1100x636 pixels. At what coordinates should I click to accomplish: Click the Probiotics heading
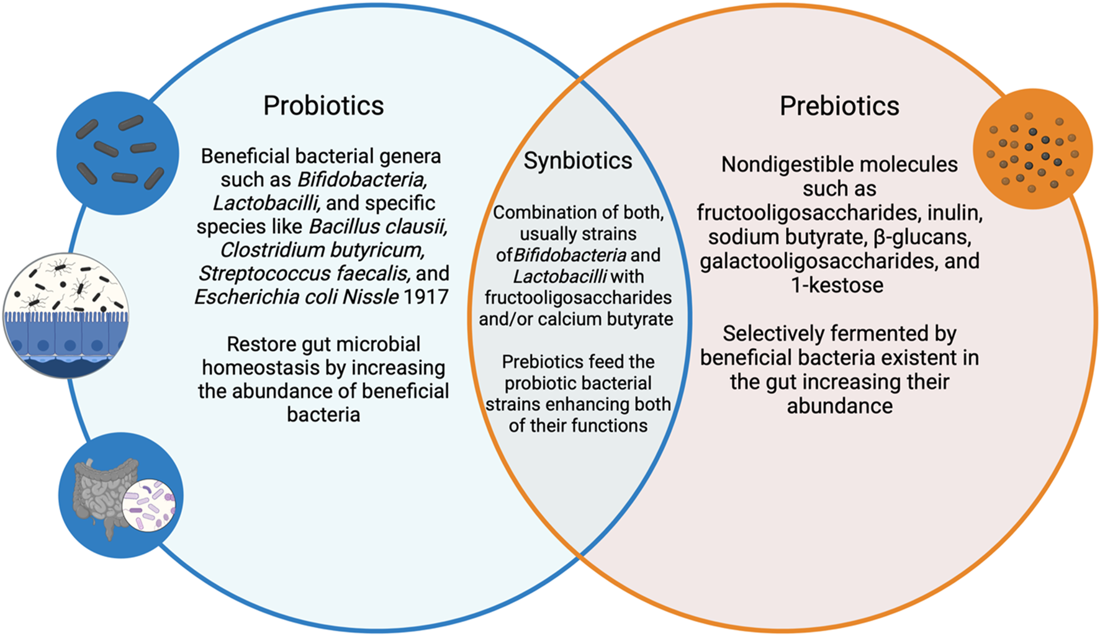click(x=323, y=105)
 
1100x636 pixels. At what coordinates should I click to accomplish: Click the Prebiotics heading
click(x=839, y=106)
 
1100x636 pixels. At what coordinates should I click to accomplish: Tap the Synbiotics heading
click(x=577, y=161)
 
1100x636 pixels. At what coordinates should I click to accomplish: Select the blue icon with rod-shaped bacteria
click(x=118, y=153)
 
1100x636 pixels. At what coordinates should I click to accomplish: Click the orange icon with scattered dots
click(x=1032, y=149)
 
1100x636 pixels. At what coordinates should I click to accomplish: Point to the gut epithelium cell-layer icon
click(x=66, y=315)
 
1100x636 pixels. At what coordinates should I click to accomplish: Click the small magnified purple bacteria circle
click(x=149, y=504)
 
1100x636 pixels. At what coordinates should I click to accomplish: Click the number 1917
click(x=426, y=297)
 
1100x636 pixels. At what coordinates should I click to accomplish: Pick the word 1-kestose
click(x=837, y=285)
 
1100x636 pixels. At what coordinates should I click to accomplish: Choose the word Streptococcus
click(x=264, y=274)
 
